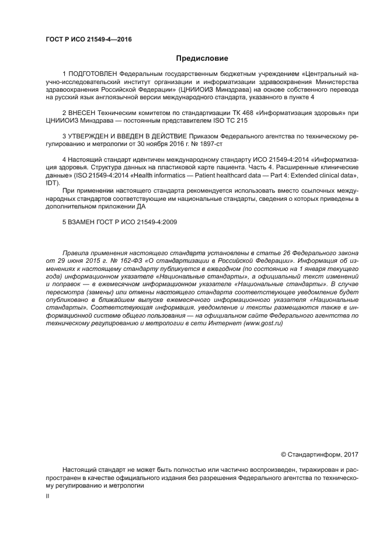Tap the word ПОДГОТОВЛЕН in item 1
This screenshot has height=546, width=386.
click(92, 75)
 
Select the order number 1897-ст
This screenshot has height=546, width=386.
click(210, 143)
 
